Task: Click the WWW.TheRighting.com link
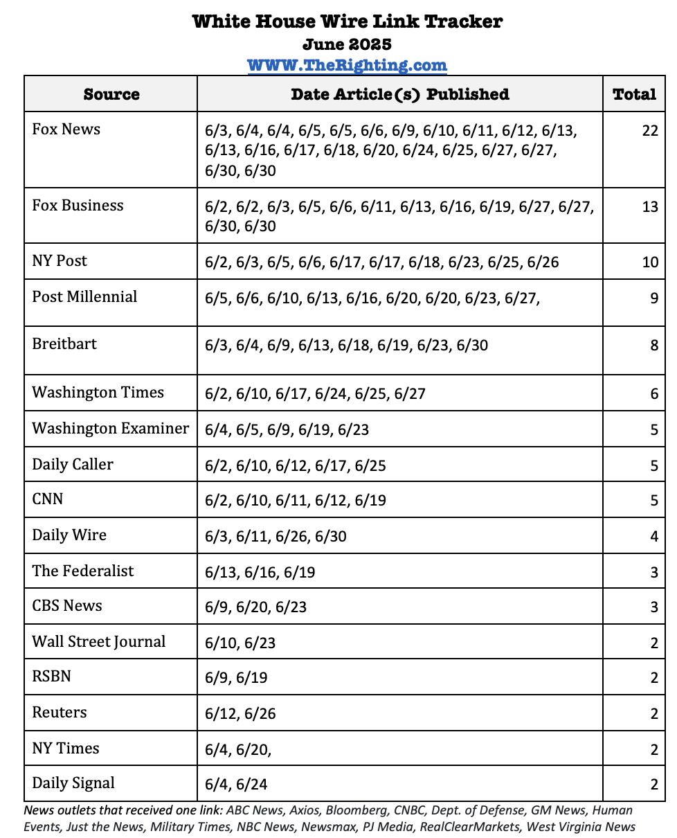[x=347, y=66]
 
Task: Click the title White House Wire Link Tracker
[x=347, y=21]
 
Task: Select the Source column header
[x=111, y=94]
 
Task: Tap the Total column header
[x=634, y=94]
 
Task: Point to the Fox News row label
[x=66, y=130]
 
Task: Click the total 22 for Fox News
[x=649, y=130]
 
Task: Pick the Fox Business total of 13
[x=649, y=206]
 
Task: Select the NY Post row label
[x=60, y=261]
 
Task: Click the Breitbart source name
[x=64, y=344]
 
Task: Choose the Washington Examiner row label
[x=110, y=428]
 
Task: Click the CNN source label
[x=48, y=499]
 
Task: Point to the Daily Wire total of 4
[x=653, y=536]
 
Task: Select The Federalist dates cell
[x=260, y=573]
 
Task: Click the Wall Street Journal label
[x=99, y=641]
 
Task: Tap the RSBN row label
[x=52, y=676]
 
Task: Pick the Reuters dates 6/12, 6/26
[x=241, y=713]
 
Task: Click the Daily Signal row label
[x=73, y=783]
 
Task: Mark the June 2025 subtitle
[x=347, y=44]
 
